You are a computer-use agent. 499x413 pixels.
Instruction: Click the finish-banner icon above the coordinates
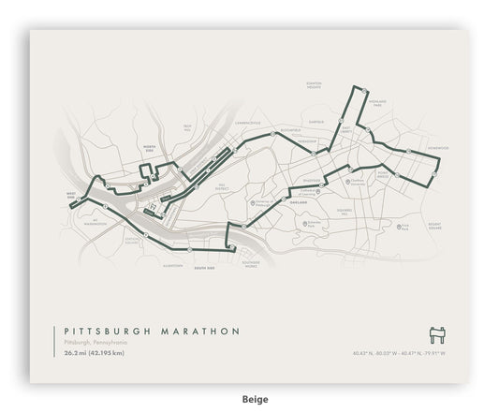coord(435,334)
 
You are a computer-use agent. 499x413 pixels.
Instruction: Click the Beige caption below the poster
coord(249,398)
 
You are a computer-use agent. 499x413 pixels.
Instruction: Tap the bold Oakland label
coord(299,214)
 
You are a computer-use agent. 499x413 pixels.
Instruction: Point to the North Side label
coord(149,148)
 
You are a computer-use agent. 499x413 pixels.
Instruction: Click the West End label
coord(70,197)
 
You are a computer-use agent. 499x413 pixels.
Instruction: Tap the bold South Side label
coord(204,269)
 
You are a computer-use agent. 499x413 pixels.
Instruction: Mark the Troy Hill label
coord(186,128)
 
